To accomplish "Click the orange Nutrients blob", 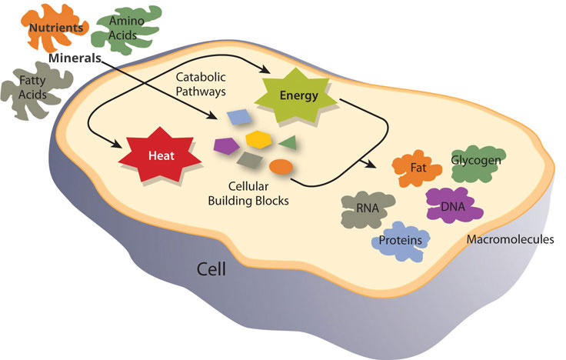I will pos(55,28).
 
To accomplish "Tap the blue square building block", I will pos(238,117).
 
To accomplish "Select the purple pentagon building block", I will pos(225,143).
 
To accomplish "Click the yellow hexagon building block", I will pos(256,139).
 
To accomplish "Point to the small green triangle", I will pos(287,142).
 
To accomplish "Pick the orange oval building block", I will pos(281,165).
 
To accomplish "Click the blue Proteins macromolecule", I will pos(401,239).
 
